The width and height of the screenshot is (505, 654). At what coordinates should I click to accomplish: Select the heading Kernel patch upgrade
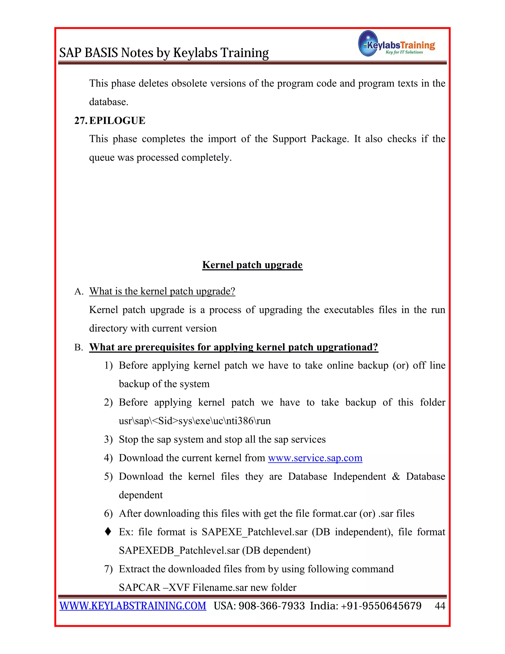tap(252, 265)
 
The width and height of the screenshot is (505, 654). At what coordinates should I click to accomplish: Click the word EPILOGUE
tap(117, 120)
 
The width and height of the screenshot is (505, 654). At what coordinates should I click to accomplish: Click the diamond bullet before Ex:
tap(108, 532)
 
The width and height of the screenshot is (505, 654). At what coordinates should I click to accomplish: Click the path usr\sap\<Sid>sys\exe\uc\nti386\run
tap(195, 421)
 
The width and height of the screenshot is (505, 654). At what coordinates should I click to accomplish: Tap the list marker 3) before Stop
tap(108, 439)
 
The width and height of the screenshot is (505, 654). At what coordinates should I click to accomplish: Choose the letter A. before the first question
tap(79, 291)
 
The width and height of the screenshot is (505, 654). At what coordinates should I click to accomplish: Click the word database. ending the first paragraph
tap(108, 102)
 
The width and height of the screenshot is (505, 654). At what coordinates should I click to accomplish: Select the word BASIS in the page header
tap(101, 53)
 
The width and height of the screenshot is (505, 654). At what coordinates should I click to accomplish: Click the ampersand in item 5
tap(396, 476)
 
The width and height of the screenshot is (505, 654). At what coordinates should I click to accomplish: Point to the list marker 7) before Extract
tap(108, 569)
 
